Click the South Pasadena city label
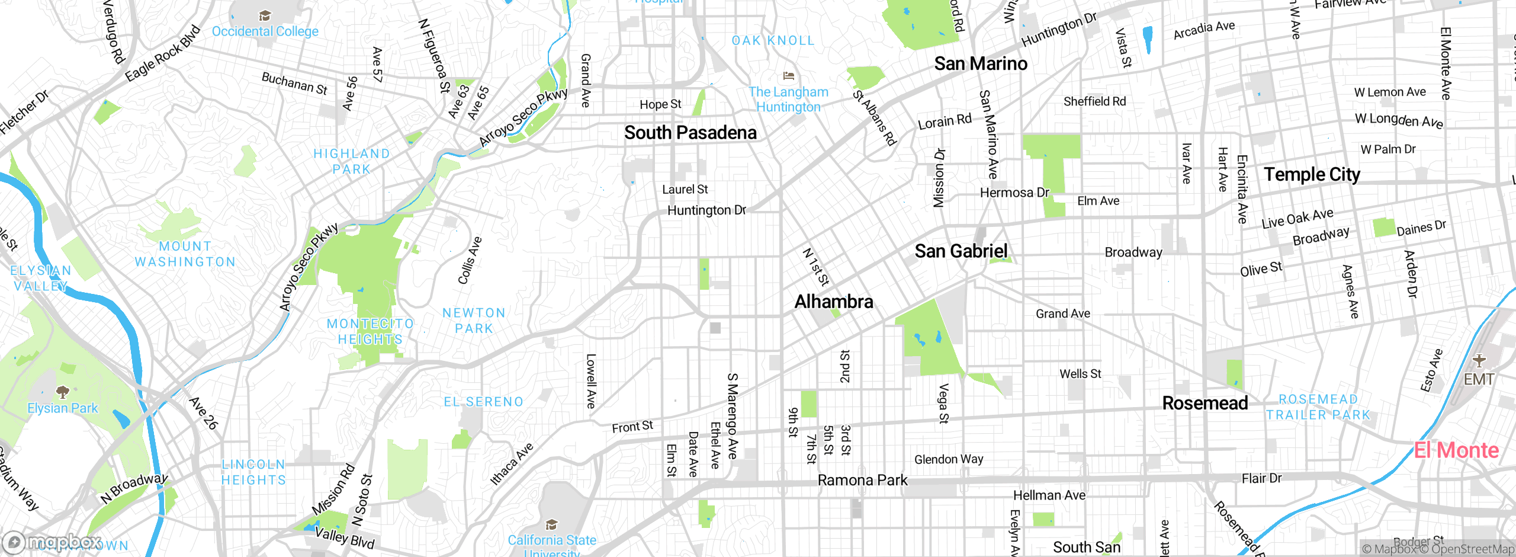(690, 133)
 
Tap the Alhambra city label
(833, 302)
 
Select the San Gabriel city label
(961, 251)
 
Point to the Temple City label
(1312, 174)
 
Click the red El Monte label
(1456, 450)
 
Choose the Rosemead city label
(1205, 403)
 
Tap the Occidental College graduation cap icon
(265, 15)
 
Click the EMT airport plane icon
(1479, 360)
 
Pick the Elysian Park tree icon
(62, 392)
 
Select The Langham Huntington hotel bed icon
(788, 76)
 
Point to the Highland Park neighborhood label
(351, 161)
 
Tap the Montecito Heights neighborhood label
(370, 331)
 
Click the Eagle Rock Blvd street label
(162, 54)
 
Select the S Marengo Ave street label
(733, 415)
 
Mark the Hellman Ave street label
(1049, 495)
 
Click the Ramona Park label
(862, 480)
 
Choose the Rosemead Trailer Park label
(1318, 407)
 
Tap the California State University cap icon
(551, 524)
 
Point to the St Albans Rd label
(875, 118)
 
